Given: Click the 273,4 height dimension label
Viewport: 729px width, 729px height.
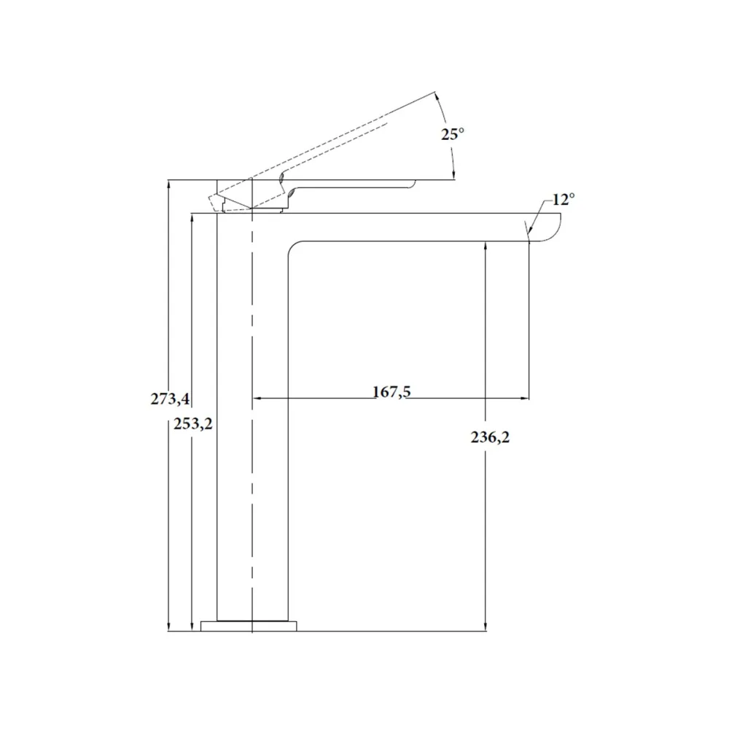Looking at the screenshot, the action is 170,399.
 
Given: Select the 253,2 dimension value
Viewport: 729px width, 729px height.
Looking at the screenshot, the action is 193,424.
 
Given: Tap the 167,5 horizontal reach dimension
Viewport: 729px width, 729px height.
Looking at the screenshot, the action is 392,392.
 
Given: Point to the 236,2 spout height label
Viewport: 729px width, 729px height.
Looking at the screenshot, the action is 490,437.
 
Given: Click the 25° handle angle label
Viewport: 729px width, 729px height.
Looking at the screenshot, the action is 453,134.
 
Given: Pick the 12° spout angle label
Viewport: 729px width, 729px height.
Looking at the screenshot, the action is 564,200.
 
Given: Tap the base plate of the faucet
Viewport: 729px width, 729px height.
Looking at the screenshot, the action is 249,625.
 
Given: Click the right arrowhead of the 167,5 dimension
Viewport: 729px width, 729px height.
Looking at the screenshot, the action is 526,399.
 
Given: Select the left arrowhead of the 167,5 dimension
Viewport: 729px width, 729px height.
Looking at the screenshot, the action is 256,399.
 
